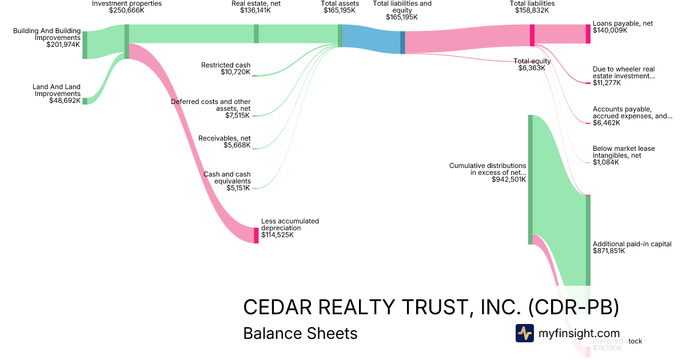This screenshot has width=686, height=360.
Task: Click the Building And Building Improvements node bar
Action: pyautogui.click(x=85, y=45)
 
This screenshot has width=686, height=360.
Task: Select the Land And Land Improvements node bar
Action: pyautogui.click(x=85, y=101)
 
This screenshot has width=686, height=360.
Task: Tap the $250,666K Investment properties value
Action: pyautogui.click(x=127, y=10)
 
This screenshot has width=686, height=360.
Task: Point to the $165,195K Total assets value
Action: pyautogui.click(x=340, y=10)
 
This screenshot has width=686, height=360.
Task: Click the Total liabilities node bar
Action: pyautogui.click(x=532, y=35)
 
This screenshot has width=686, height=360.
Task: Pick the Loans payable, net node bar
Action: pyautogui.click(x=588, y=34)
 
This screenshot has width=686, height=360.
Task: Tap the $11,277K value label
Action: pyautogui.click(x=607, y=83)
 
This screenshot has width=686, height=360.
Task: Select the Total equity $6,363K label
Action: pyautogui.click(x=532, y=64)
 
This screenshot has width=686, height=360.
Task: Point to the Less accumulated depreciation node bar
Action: pyautogui.click(x=256, y=235)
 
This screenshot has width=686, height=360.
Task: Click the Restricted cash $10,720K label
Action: pyautogui.click(x=226, y=69)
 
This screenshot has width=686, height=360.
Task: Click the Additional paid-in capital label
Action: pyautogui.click(x=632, y=244)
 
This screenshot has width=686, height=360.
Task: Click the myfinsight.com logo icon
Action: pyautogui.click(x=524, y=333)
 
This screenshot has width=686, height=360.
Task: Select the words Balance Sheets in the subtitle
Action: pyautogui.click(x=300, y=333)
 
